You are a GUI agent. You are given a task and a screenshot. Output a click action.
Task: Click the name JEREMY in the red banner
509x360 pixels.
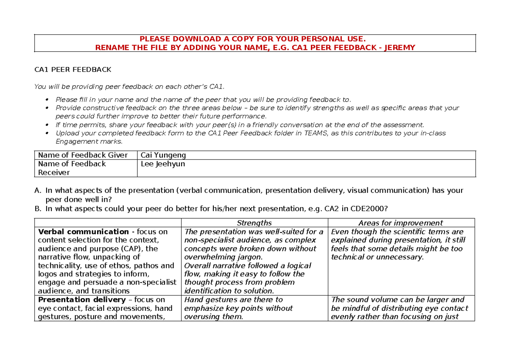click(x=400, y=47)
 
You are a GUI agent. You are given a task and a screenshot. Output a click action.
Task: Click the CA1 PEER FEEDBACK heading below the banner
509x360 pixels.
click(x=73, y=70)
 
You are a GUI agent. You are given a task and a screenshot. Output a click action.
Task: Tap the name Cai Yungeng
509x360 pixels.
click(x=163, y=155)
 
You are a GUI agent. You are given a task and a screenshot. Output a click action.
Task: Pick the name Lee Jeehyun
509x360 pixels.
click(x=162, y=164)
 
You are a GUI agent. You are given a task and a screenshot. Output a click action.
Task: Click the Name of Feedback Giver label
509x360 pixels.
click(x=83, y=155)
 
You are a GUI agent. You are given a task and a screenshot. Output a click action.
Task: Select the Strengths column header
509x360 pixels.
click(x=254, y=223)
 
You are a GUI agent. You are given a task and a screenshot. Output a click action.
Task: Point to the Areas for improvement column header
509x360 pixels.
click(x=400, y=223)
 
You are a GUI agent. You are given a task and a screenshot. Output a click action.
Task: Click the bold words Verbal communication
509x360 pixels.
click(x=83, y=232)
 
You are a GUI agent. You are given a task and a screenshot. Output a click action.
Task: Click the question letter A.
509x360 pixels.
click(x=37, y=191)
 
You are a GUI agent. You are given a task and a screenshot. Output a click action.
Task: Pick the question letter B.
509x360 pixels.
click(x=37, y=208)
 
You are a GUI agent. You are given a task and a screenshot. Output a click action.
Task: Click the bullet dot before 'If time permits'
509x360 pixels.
click(x=47, y=125)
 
